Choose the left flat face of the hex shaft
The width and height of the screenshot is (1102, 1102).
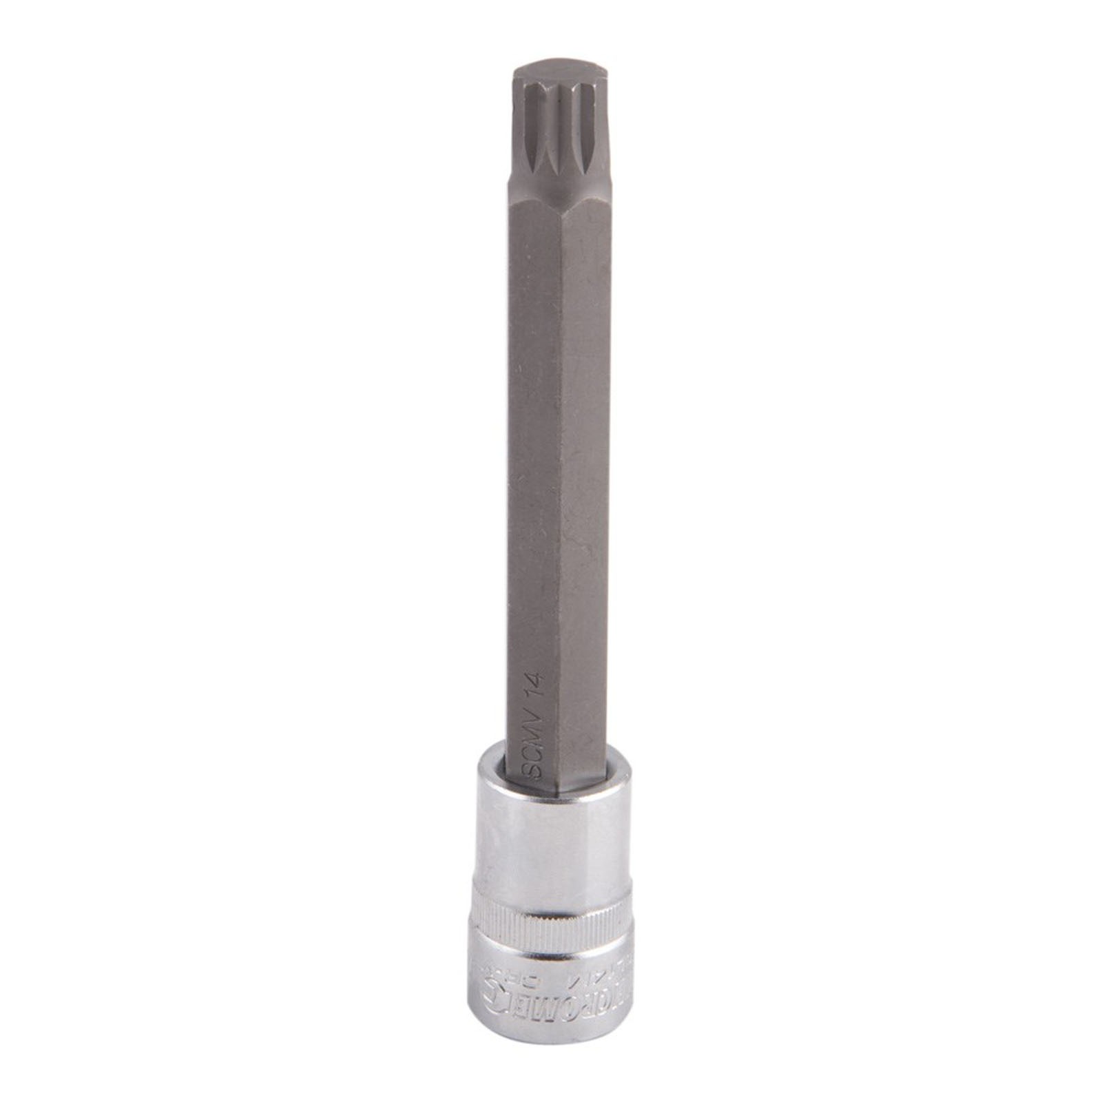(534, 482)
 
